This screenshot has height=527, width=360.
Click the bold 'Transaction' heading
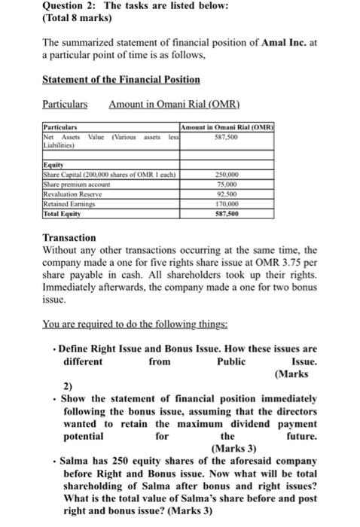coord(69,237)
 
